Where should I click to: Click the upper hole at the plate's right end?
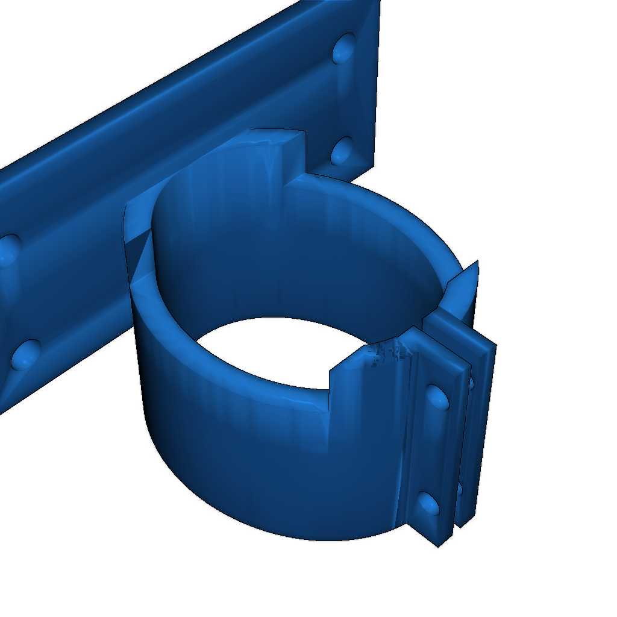[344, 48]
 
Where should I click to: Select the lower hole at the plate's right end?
[342, 150]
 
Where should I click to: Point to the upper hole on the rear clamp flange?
[471, 383]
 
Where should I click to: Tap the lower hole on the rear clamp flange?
[460, 489]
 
